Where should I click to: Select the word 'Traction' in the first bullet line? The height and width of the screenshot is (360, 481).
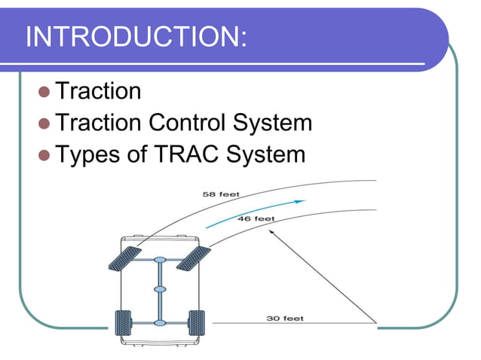coord(99,91)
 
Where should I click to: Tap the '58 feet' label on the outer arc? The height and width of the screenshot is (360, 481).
coord(222,194)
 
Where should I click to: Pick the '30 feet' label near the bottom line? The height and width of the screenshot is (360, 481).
coord(286,318)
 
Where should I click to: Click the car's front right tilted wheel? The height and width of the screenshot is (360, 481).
coord(193,258)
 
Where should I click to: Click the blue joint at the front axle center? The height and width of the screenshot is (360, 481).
coord(159,261)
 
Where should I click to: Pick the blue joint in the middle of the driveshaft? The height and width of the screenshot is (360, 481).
coord(159,289)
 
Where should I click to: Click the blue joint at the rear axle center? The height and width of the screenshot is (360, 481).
coord(159,323)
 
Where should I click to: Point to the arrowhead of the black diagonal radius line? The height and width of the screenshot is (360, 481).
coord(271,234)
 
